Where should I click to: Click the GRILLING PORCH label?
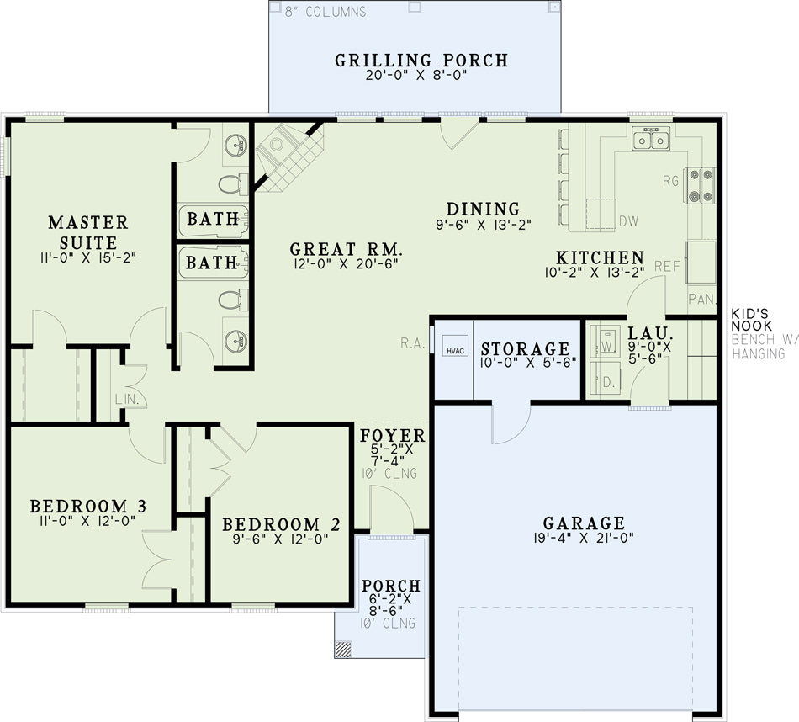[x=421, y=61]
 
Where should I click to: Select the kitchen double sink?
[x=651, y=139]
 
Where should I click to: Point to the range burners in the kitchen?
[x=700, y=186]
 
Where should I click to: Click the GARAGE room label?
[x=584, y=523]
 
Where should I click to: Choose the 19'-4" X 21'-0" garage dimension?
[x=584, y=538]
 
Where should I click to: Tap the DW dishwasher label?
[x=629, y=221]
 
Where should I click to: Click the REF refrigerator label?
[x=668, y=266]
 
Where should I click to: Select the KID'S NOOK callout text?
[x=752, y=320]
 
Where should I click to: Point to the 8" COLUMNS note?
[x=325, y=12]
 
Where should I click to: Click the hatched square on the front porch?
[x=343, y=648]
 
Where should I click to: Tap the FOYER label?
[x=393, y=435]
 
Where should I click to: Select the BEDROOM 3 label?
[x=88, y=506]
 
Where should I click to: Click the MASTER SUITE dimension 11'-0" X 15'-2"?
[x=88, y=257]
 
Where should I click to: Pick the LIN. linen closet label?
[x=127, y=399]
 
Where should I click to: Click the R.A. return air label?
[x=412, y=343]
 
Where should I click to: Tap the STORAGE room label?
[x=526, y=348]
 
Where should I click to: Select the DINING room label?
[x=483, y=209]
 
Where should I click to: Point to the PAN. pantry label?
[x=702, y=299]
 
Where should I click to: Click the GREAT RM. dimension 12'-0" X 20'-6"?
[x=346, y=263]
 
